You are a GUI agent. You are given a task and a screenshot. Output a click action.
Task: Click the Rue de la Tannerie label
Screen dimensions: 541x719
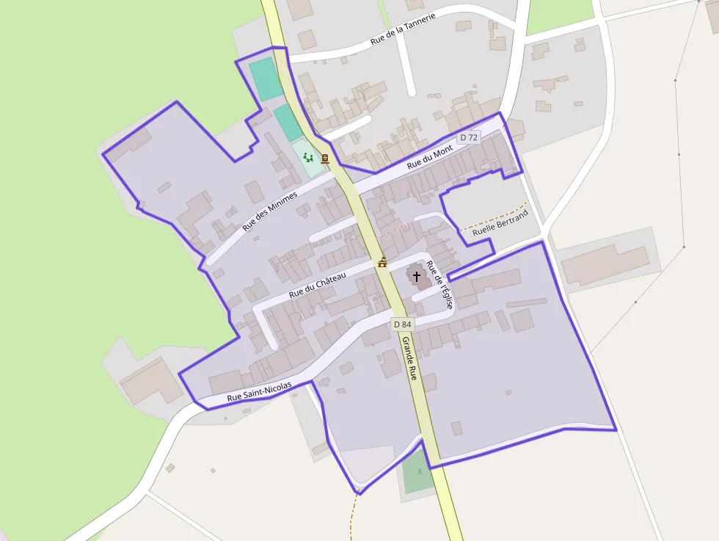404,29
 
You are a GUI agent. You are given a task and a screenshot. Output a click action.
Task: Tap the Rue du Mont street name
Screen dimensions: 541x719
430,158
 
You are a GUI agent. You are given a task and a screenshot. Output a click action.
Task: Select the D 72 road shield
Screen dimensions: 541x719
468,137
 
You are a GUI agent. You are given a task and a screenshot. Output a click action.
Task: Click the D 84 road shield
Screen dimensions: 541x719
402,324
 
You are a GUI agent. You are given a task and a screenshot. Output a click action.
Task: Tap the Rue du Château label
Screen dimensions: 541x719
317,285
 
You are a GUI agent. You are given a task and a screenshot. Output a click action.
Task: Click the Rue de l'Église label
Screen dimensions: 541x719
439,285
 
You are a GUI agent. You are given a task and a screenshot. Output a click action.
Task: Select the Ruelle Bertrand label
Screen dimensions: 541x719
500,224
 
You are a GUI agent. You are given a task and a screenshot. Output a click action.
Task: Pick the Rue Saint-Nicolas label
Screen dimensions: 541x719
259,391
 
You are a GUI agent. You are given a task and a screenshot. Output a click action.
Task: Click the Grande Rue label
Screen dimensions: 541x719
409,357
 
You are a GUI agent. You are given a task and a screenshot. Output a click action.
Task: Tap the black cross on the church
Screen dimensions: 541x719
417,277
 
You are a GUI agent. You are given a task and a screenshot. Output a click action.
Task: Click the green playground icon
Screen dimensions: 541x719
308,157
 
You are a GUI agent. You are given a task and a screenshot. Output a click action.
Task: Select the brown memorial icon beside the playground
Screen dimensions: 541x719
324,158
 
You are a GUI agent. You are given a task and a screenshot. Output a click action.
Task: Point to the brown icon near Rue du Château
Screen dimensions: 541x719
382,262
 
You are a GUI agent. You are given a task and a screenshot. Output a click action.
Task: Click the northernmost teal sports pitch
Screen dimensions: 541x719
266,79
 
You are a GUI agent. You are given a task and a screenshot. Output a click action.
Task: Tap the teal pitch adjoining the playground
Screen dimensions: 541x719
288,122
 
